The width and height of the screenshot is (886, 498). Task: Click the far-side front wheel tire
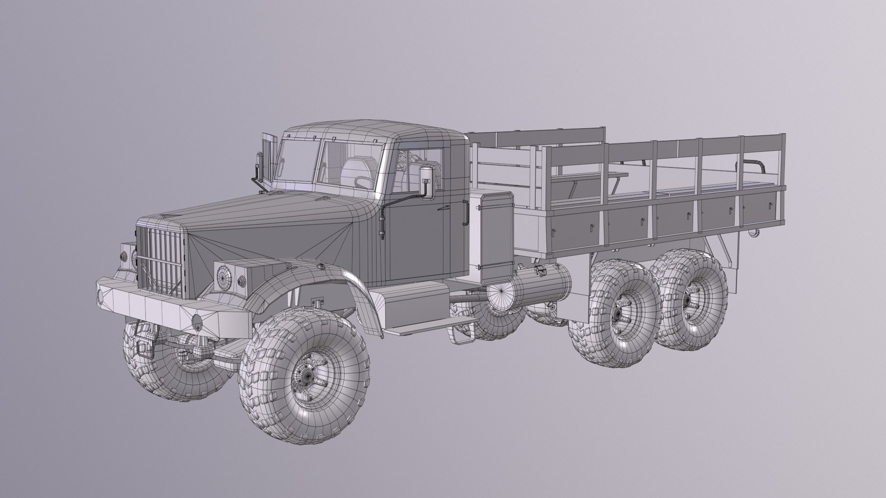coord(152,364)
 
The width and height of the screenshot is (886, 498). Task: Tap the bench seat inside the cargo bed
coord(591,177)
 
